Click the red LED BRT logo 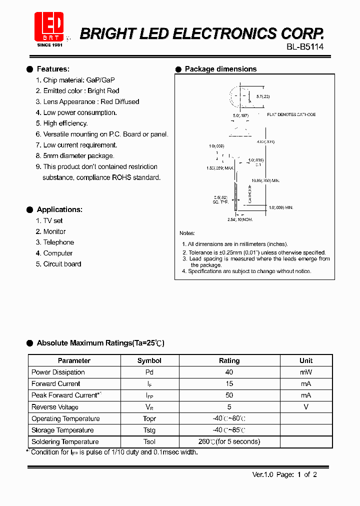click(49, 28)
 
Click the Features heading click(53, 69)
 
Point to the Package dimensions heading click(220, 69)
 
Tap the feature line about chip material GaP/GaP click(75, 80)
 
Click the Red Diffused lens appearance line click(87, 101)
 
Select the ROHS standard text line click(101, 177)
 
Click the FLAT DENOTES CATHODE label click(291, 114)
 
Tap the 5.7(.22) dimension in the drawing click(263, 96)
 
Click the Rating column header click(229, 360)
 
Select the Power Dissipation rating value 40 click(229, 372)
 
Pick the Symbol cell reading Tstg click(149, 430)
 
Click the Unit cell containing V click(306, 407)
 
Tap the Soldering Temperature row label click(65, 441)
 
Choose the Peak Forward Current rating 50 click(229, 395)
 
